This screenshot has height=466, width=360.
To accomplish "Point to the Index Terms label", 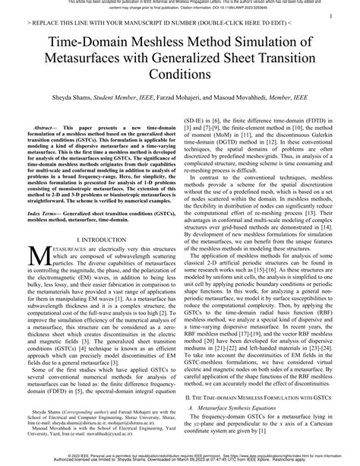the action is [43, 215].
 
